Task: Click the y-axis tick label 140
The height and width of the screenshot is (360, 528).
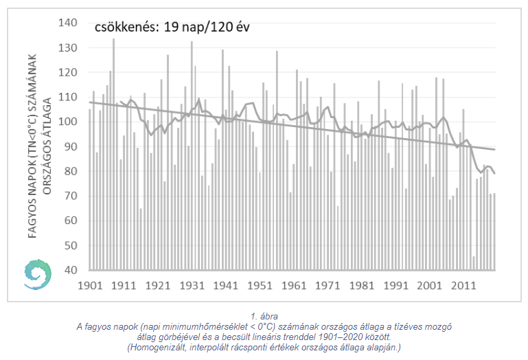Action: click(69, 23)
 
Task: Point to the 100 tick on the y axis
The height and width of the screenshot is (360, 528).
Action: click(69, 122)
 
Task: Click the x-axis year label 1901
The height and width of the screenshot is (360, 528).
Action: click(90, 285)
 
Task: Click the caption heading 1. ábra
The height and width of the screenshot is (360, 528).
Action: click(264, 317)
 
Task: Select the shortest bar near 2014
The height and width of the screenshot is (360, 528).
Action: click(473, 262)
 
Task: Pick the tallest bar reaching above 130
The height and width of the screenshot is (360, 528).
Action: click(113, 154)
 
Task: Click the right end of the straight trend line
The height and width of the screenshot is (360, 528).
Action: click(494, 149)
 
